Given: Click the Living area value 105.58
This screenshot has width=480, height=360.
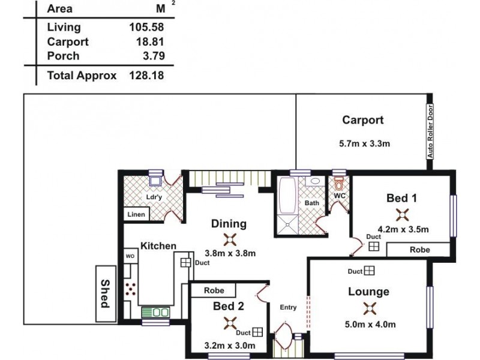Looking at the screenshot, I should click(x=146, y=27).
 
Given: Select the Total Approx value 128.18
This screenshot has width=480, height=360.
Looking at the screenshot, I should click(x=146, y=76).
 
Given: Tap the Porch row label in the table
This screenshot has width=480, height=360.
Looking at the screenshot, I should click(x=63, y=56).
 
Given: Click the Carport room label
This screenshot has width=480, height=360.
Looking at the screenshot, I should click(x=362, y=120).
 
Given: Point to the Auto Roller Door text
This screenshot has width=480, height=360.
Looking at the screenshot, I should click(x=430, y=132).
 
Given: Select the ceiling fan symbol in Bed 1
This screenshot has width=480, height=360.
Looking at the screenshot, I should click(x=402, y=214).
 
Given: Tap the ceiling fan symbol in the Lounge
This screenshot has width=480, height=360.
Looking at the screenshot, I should click(x=368, y=308).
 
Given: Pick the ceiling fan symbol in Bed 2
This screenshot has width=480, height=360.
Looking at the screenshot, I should click(x=229, y=323).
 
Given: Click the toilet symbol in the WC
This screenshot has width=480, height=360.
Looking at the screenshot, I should click(x=338, y=182).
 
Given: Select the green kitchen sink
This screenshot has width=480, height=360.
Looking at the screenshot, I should click(x=155, y=312).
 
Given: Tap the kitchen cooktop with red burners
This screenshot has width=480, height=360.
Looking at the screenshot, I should click(x=130, y=289).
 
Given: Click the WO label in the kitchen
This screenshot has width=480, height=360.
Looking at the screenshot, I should click(x=130, y=256).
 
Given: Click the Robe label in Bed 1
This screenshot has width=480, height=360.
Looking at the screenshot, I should click(x=419, y=250).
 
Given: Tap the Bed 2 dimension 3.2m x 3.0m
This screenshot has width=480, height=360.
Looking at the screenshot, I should click(x=229, y=346).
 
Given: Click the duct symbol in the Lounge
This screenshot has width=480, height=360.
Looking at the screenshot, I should click(x=369, y=271).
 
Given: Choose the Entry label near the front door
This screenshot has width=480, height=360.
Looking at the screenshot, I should click(x=288, y=307).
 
